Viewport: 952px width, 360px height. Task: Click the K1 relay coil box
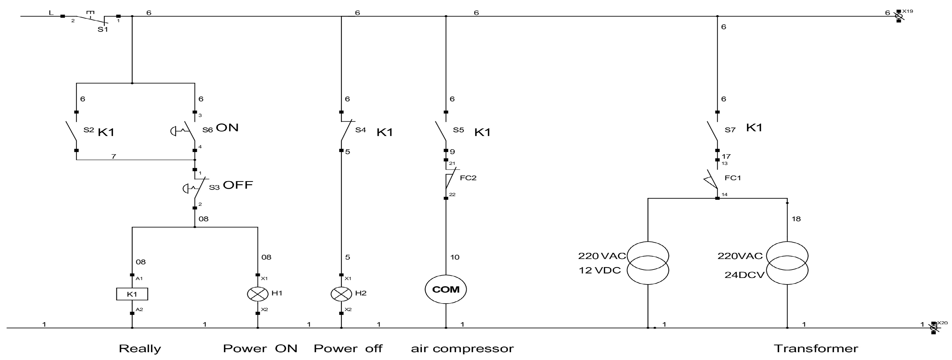pos(132,294)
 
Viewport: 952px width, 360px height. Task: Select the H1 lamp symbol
pos(258,294)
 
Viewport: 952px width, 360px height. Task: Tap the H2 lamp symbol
pos(341,294)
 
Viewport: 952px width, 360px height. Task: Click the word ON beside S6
pos(227,127)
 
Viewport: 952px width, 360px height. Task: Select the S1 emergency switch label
pos(103,29)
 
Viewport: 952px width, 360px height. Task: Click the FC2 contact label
pos(468,178)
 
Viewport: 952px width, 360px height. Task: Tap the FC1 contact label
pos(733,178)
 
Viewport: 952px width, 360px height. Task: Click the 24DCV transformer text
pos(744,275)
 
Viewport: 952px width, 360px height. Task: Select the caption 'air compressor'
pos(462,349)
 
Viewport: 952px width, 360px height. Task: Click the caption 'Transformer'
pos(816,349)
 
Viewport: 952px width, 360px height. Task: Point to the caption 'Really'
pos(140,349)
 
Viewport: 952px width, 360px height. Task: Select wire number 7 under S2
pos(114,156)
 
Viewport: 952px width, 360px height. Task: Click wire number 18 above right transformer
pos(796,219)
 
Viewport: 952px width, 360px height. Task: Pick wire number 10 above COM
pos(454,257)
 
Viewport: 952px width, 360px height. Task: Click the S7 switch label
pos(730,130)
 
